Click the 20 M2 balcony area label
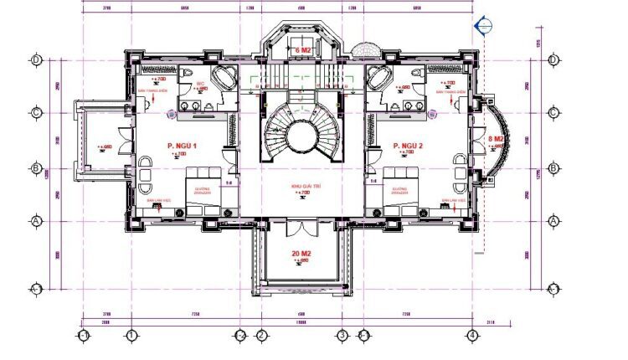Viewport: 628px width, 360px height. click(301, 252)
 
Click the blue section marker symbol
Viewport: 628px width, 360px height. click(482, 27)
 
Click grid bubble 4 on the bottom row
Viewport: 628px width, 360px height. click(473, 335)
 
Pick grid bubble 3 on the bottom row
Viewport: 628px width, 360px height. click(342, 335)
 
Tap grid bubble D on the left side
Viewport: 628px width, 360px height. click(37, 59)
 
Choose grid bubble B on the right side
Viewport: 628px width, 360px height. click(553, 167)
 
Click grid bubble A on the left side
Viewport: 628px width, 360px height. click(37, 221)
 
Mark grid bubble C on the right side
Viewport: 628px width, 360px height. click(553, 112)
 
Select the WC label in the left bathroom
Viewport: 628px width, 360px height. click(201, 85)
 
